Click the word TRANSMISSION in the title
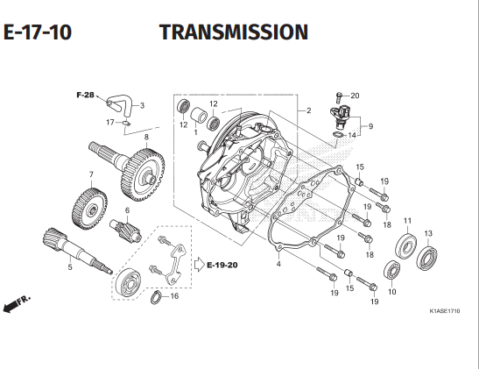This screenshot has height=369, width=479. (234, 32)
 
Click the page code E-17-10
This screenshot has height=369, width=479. (38, 32)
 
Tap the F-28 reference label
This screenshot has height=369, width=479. (85, 95)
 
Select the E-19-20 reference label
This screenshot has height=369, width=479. (222, 265)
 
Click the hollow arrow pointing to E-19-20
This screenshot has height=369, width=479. (200, 264)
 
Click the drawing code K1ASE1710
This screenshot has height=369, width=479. (445, 311)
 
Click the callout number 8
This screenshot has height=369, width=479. (146, 137)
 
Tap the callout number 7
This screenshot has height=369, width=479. (91, 174)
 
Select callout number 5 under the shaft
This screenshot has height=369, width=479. (70, 267)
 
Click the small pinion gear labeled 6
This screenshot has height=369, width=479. (125, 230)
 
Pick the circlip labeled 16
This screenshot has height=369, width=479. (156, 298)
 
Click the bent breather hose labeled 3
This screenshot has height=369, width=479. (122, 104)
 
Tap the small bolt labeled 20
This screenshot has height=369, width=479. (339, 97)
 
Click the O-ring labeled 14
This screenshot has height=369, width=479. (338, 134)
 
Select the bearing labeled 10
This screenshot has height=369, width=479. (392, 270)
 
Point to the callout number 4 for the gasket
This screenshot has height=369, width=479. (278, 264)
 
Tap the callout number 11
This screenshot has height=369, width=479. (407, 220)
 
